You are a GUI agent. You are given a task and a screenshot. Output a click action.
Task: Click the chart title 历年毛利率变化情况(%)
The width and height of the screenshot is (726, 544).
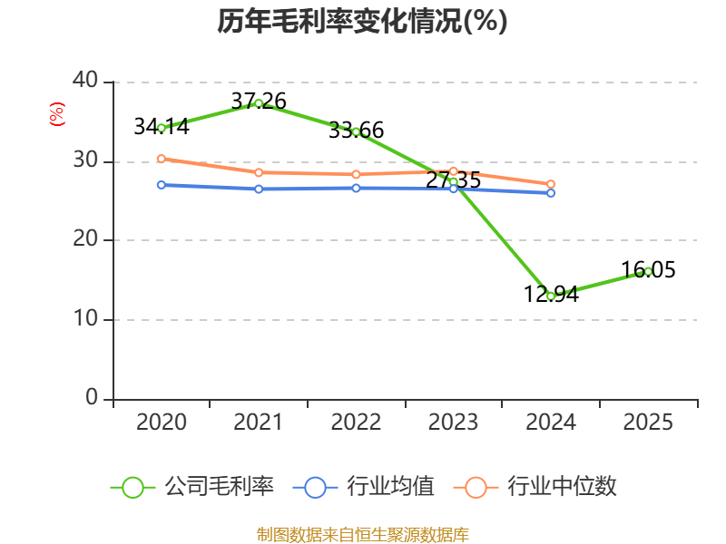point(362,21)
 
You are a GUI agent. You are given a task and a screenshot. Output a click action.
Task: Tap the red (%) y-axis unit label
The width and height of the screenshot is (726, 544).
point(57,114)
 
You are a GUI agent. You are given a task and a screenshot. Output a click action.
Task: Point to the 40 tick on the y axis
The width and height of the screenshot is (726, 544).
point(85,80)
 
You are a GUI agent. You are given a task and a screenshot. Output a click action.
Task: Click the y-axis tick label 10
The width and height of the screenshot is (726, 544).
point(85,318)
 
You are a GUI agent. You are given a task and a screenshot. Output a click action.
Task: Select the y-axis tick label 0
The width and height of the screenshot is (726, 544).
point(92,397)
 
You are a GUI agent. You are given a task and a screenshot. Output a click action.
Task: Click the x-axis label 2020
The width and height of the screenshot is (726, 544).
point(162,423)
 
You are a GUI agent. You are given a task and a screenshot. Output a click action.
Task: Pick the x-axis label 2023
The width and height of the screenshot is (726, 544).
point(453,423)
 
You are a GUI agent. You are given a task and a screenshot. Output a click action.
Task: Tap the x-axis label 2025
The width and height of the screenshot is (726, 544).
point(648,423)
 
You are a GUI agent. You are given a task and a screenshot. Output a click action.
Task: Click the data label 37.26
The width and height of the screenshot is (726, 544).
point(259,101)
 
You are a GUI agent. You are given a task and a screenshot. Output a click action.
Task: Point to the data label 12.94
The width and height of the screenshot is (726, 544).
point(551,294)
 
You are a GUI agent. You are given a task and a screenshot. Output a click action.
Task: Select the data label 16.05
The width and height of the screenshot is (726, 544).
point(648,269)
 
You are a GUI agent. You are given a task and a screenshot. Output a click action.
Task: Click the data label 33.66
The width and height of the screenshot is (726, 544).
point(356,130)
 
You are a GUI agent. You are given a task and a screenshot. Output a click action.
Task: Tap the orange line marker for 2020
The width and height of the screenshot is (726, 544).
point(162,159)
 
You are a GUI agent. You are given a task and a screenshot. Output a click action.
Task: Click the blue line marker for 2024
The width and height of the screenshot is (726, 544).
point(551,193)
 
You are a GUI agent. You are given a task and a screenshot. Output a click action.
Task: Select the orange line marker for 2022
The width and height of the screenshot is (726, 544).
point(356,174)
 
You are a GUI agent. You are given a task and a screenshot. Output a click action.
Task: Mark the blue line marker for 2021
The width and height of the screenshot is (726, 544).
point(259,189)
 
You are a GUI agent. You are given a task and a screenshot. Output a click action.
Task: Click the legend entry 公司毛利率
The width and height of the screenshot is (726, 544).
point(192,487)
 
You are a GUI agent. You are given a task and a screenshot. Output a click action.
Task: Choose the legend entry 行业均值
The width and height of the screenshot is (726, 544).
point(364,487)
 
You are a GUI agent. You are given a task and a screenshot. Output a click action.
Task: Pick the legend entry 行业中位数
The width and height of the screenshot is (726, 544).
point(535,487)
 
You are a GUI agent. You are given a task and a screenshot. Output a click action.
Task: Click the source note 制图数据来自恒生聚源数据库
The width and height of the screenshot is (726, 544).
point(363,535)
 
